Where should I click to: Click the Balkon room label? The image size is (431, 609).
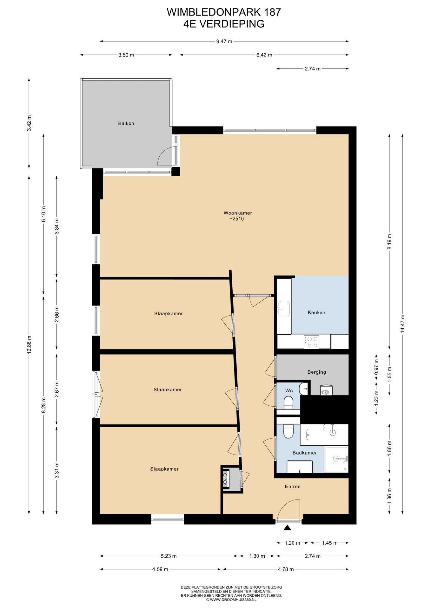point(126,123)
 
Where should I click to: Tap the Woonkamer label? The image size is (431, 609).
point(238,213)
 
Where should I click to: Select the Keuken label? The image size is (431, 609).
point(316,312)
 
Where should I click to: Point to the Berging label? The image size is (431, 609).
point(317,372)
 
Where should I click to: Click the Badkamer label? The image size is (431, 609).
point(305,453)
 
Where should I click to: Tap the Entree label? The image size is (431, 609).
point(293,486)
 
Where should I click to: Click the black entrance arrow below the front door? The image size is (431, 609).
point(287,528)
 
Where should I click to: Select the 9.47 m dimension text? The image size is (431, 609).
point(224,41)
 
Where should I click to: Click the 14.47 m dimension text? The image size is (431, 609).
point(402,324)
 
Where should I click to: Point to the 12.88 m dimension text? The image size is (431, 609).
point(29,344)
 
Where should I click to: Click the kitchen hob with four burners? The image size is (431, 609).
point(311,342)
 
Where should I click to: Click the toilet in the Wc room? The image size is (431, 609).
point(288,403)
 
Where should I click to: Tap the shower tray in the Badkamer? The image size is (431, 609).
point(336,459)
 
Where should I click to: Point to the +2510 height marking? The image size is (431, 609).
point(236,219)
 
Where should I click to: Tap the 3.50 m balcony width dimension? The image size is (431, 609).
point(126,55)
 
